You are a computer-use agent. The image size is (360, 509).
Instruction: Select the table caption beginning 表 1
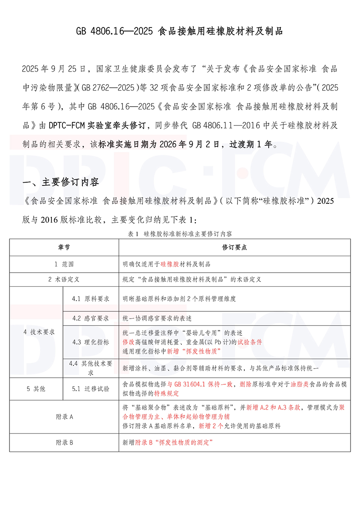(x=180, y=234)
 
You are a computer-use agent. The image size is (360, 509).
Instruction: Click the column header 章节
(x=64, y=248)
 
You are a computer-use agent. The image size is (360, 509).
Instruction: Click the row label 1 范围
(x=64, y=264)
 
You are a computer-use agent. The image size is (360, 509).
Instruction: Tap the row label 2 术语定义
(x=64, y=279)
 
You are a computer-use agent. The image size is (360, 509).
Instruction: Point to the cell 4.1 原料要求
(x=90, y=299)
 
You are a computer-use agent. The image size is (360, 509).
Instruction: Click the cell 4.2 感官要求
(x=90, y=318)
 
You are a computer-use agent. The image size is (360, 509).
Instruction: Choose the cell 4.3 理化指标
(x=90, y=342)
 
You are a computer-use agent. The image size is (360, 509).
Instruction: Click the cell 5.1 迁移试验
(x=90, y=388)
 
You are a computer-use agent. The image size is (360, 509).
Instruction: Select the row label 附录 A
(x=64, y=417)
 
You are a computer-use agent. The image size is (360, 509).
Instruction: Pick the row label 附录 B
(x=64, y=442)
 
